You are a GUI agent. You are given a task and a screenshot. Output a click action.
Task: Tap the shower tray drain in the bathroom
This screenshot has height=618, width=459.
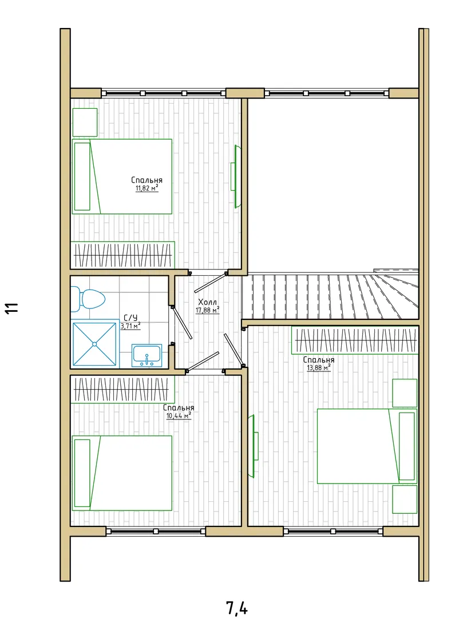tap(94, 344)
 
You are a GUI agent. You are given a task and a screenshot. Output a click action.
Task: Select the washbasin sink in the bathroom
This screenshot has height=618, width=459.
tap(147, 356)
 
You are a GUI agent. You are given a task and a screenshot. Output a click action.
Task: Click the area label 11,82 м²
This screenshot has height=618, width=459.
tap(147, 188)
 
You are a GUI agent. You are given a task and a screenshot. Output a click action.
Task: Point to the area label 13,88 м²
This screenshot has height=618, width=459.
tap(319, 368)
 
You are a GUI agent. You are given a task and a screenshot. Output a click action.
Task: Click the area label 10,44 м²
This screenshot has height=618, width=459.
tap(179, 416)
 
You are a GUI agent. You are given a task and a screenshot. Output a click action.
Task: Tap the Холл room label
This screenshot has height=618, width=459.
tap(207, 302)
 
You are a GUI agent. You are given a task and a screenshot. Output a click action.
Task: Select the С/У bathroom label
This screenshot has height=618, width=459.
tap(130, 318)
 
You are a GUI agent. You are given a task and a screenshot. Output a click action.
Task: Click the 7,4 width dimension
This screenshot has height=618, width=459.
tap(236, 607)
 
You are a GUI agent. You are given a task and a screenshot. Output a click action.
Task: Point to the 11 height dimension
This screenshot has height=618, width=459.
tap(11, 308)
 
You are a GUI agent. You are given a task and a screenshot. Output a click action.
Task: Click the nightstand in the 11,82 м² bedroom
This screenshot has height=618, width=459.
tap(85, 122)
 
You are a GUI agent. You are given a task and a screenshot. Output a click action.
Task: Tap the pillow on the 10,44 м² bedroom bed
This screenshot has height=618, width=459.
tap(82, 473)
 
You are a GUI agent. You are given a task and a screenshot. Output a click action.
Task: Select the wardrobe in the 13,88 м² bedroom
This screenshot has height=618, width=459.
tap(354, 340)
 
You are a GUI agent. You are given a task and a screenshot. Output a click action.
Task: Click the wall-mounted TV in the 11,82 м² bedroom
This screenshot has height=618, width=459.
tap(235, 176)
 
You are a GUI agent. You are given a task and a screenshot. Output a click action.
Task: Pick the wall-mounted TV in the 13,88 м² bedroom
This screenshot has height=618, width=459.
tap(253, 446)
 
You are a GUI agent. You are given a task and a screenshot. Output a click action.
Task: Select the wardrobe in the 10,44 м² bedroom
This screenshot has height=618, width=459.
tap(122, 390)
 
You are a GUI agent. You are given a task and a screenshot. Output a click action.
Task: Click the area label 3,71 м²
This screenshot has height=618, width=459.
tap(130, 326)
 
